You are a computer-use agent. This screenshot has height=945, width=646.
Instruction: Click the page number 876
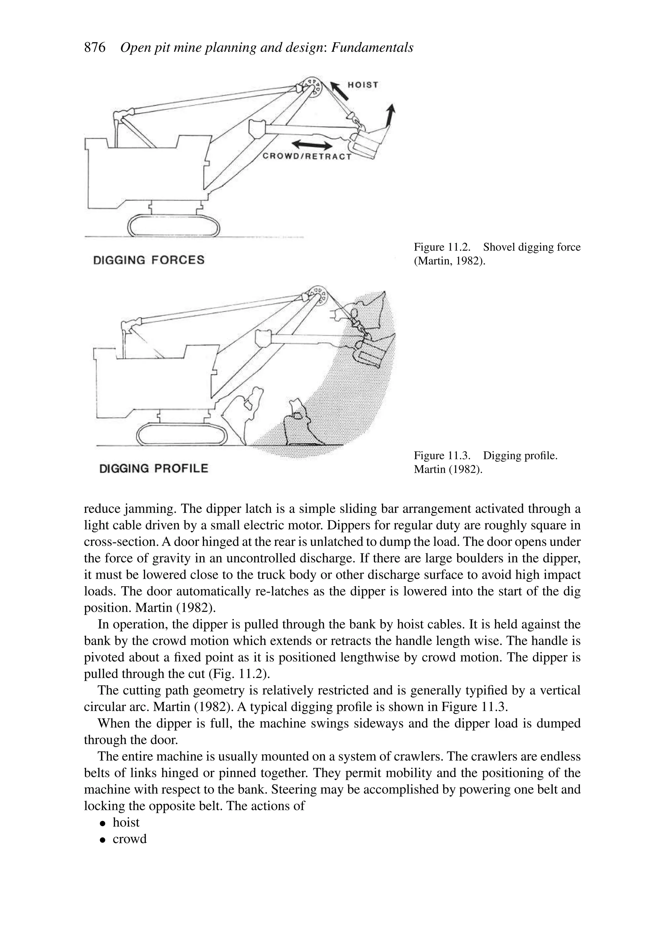click(94, 48)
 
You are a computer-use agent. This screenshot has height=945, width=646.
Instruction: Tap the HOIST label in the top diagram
click(363, 85)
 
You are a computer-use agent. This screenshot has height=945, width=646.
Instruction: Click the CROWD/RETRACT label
click(307, 157)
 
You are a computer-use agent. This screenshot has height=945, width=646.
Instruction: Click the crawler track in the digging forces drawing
click(174, 226)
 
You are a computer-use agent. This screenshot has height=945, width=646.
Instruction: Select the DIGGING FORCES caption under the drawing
click(149, 260)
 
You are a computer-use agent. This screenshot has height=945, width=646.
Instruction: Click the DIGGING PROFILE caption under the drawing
click(154, 469)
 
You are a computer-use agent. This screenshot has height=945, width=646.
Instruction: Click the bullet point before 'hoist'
click(103, 823)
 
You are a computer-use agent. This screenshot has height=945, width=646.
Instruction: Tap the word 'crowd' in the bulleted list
click(130, 839)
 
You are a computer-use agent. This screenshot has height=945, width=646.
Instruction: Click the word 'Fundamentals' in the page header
click(372, 48)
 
